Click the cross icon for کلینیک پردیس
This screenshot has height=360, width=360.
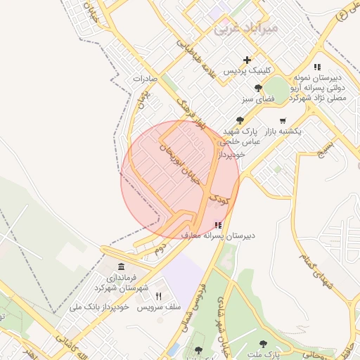(247, 60)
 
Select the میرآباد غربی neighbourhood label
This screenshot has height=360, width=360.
(245, 29)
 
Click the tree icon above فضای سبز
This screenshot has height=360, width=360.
(259, 88)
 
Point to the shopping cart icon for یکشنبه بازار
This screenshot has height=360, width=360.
(283, 120)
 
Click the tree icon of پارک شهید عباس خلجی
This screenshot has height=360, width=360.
(240, 120)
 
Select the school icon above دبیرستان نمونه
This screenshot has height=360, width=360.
(317, 67)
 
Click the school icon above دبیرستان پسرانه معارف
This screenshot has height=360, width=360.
(217, 225)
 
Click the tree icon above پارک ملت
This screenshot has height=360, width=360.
(263, 344)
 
